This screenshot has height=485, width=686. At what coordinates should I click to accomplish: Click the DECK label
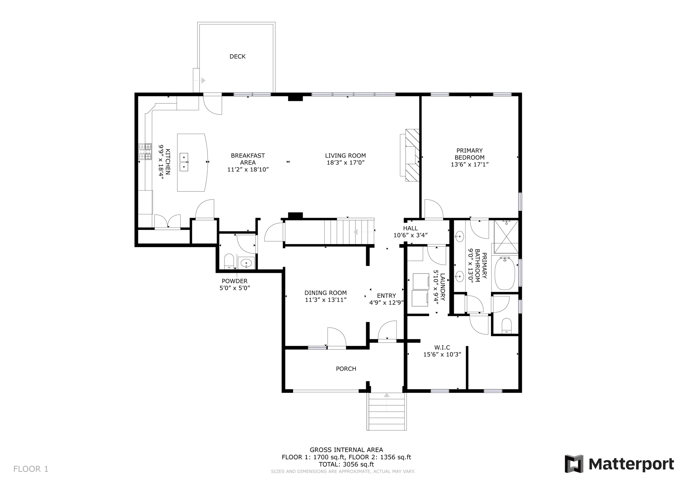tap(237, 57)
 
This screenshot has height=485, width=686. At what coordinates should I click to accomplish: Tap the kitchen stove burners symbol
tap(145, 151)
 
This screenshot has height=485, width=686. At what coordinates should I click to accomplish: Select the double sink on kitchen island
tap(184, 162)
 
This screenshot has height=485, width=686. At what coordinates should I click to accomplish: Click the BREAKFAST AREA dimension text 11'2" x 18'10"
tap(248, 169)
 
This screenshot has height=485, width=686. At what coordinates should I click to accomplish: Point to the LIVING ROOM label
tap(345, 155)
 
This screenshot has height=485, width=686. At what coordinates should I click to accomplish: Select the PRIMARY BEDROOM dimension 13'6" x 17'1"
tap(469, 164)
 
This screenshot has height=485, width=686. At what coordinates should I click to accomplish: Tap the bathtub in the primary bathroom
tap(504, 274)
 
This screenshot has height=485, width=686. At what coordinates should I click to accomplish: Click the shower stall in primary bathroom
tap(506, 236)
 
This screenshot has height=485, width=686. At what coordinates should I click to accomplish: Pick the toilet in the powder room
tap(229, 262)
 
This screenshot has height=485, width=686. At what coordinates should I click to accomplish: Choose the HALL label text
tap(410, 228)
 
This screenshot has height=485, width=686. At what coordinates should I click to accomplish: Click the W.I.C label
tap(442, 347)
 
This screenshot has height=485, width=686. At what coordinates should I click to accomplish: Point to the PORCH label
tap(346, 369)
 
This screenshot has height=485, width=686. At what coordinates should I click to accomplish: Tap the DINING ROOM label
tap(326, 293)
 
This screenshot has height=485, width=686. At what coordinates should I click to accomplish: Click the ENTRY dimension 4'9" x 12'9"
tap(386, 302)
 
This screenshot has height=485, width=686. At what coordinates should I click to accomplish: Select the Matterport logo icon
tap(574, 464)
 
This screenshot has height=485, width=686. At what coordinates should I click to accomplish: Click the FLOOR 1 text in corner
tap(31, 469)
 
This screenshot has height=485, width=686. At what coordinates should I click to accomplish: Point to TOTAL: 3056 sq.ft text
tap(346, 464)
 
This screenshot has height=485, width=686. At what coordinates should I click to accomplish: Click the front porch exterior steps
tap(387, 412)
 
